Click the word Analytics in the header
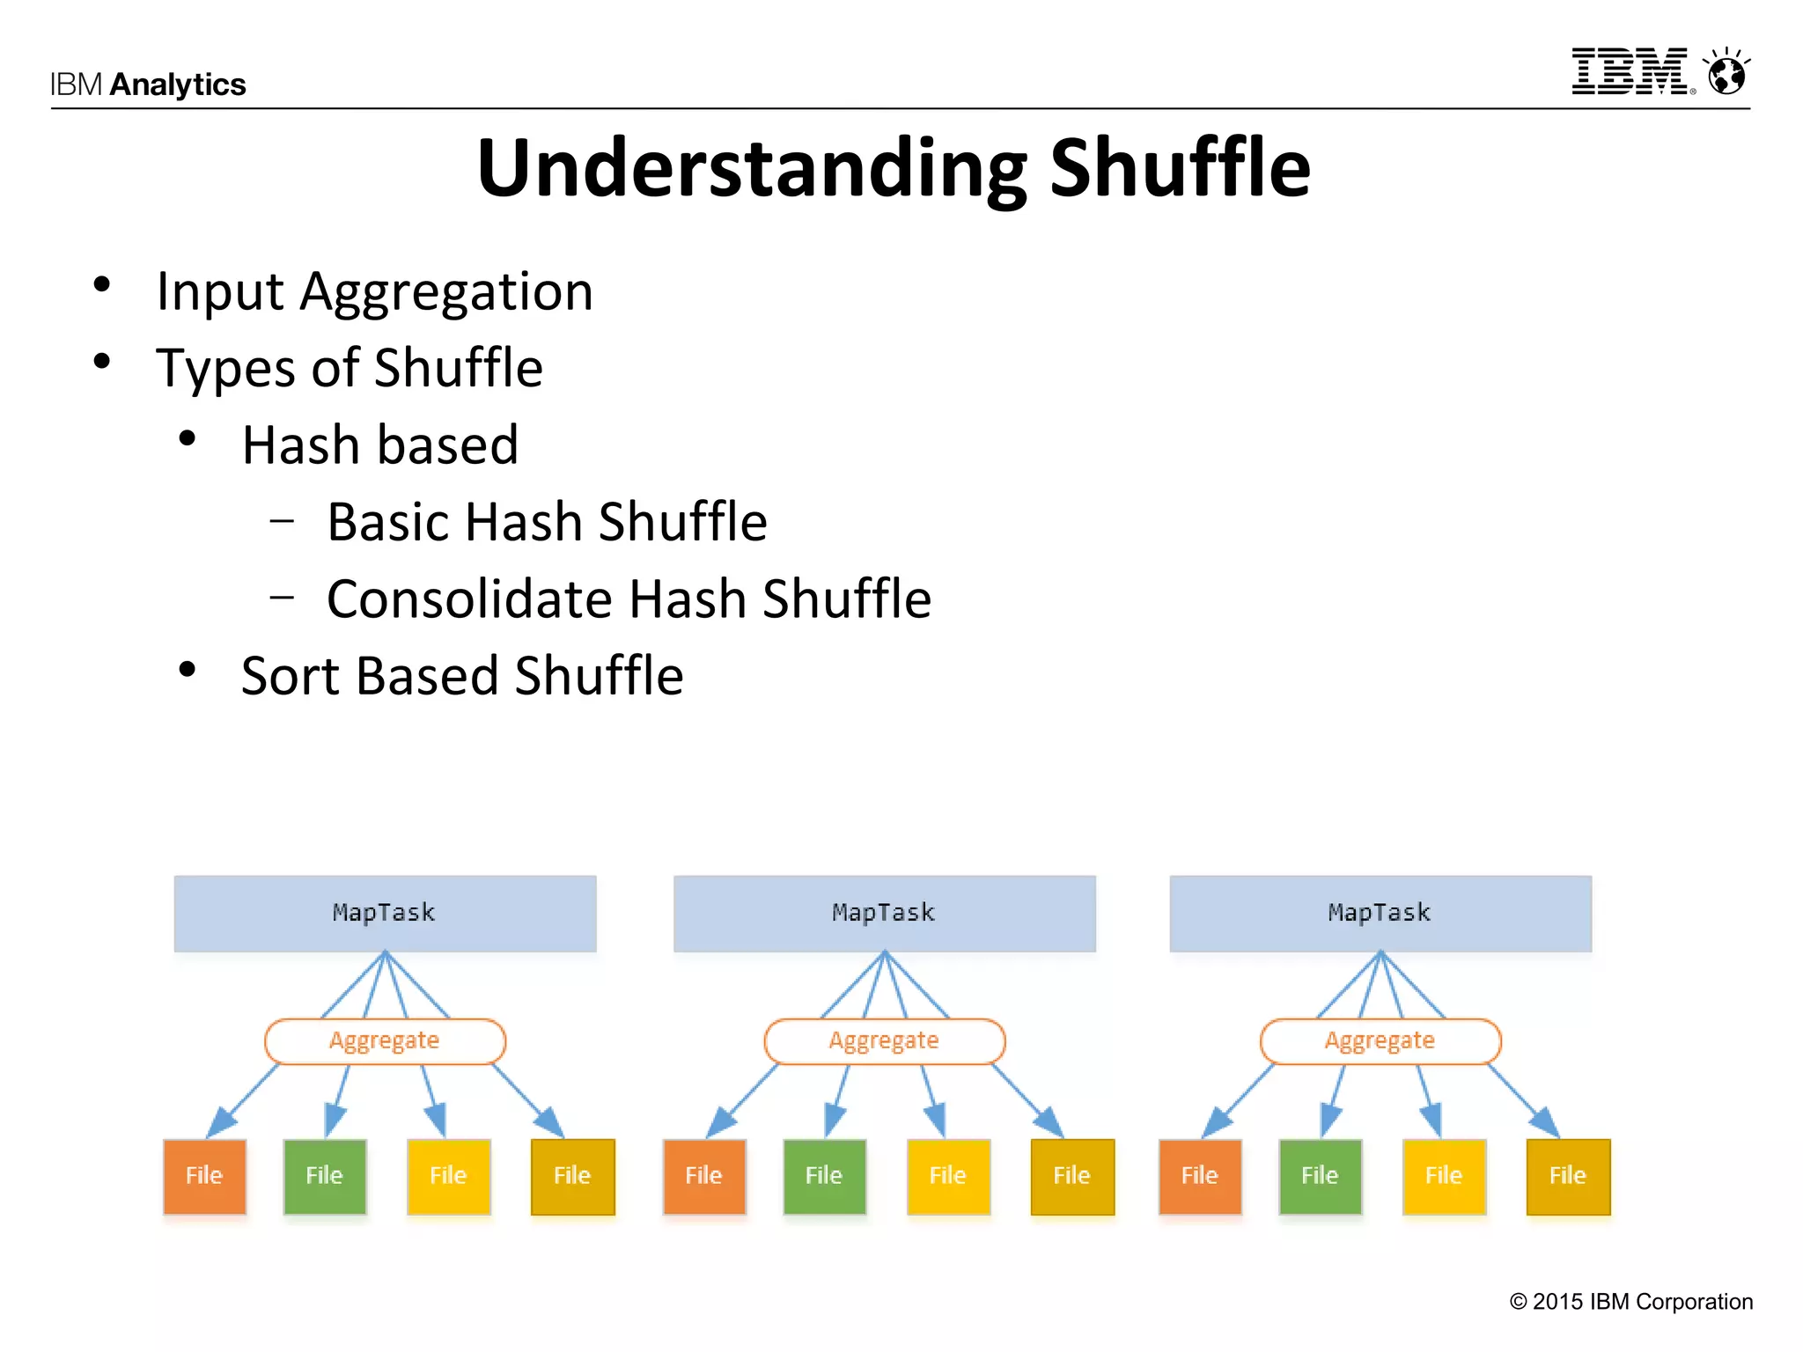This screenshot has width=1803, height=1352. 178,84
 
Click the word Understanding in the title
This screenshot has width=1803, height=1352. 751,169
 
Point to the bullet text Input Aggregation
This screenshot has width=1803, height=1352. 374,291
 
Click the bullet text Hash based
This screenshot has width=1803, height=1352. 379,445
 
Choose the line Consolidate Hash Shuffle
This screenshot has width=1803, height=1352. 629,599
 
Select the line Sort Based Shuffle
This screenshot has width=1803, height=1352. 462,676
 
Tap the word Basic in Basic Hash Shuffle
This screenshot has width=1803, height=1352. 388,522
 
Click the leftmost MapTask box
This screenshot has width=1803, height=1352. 385,913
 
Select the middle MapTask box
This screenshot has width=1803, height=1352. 884,913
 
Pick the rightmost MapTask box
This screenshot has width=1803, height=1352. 1380,913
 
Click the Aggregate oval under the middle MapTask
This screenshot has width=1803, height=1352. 884,1041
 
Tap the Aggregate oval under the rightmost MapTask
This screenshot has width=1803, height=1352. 1380,1041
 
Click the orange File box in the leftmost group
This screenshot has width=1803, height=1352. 204,1176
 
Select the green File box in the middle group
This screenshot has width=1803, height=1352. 824,1176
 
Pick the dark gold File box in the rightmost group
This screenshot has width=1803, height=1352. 1567,1176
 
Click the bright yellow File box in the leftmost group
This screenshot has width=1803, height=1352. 448,1176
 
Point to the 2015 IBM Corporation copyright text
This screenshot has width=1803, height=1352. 1630,1302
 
